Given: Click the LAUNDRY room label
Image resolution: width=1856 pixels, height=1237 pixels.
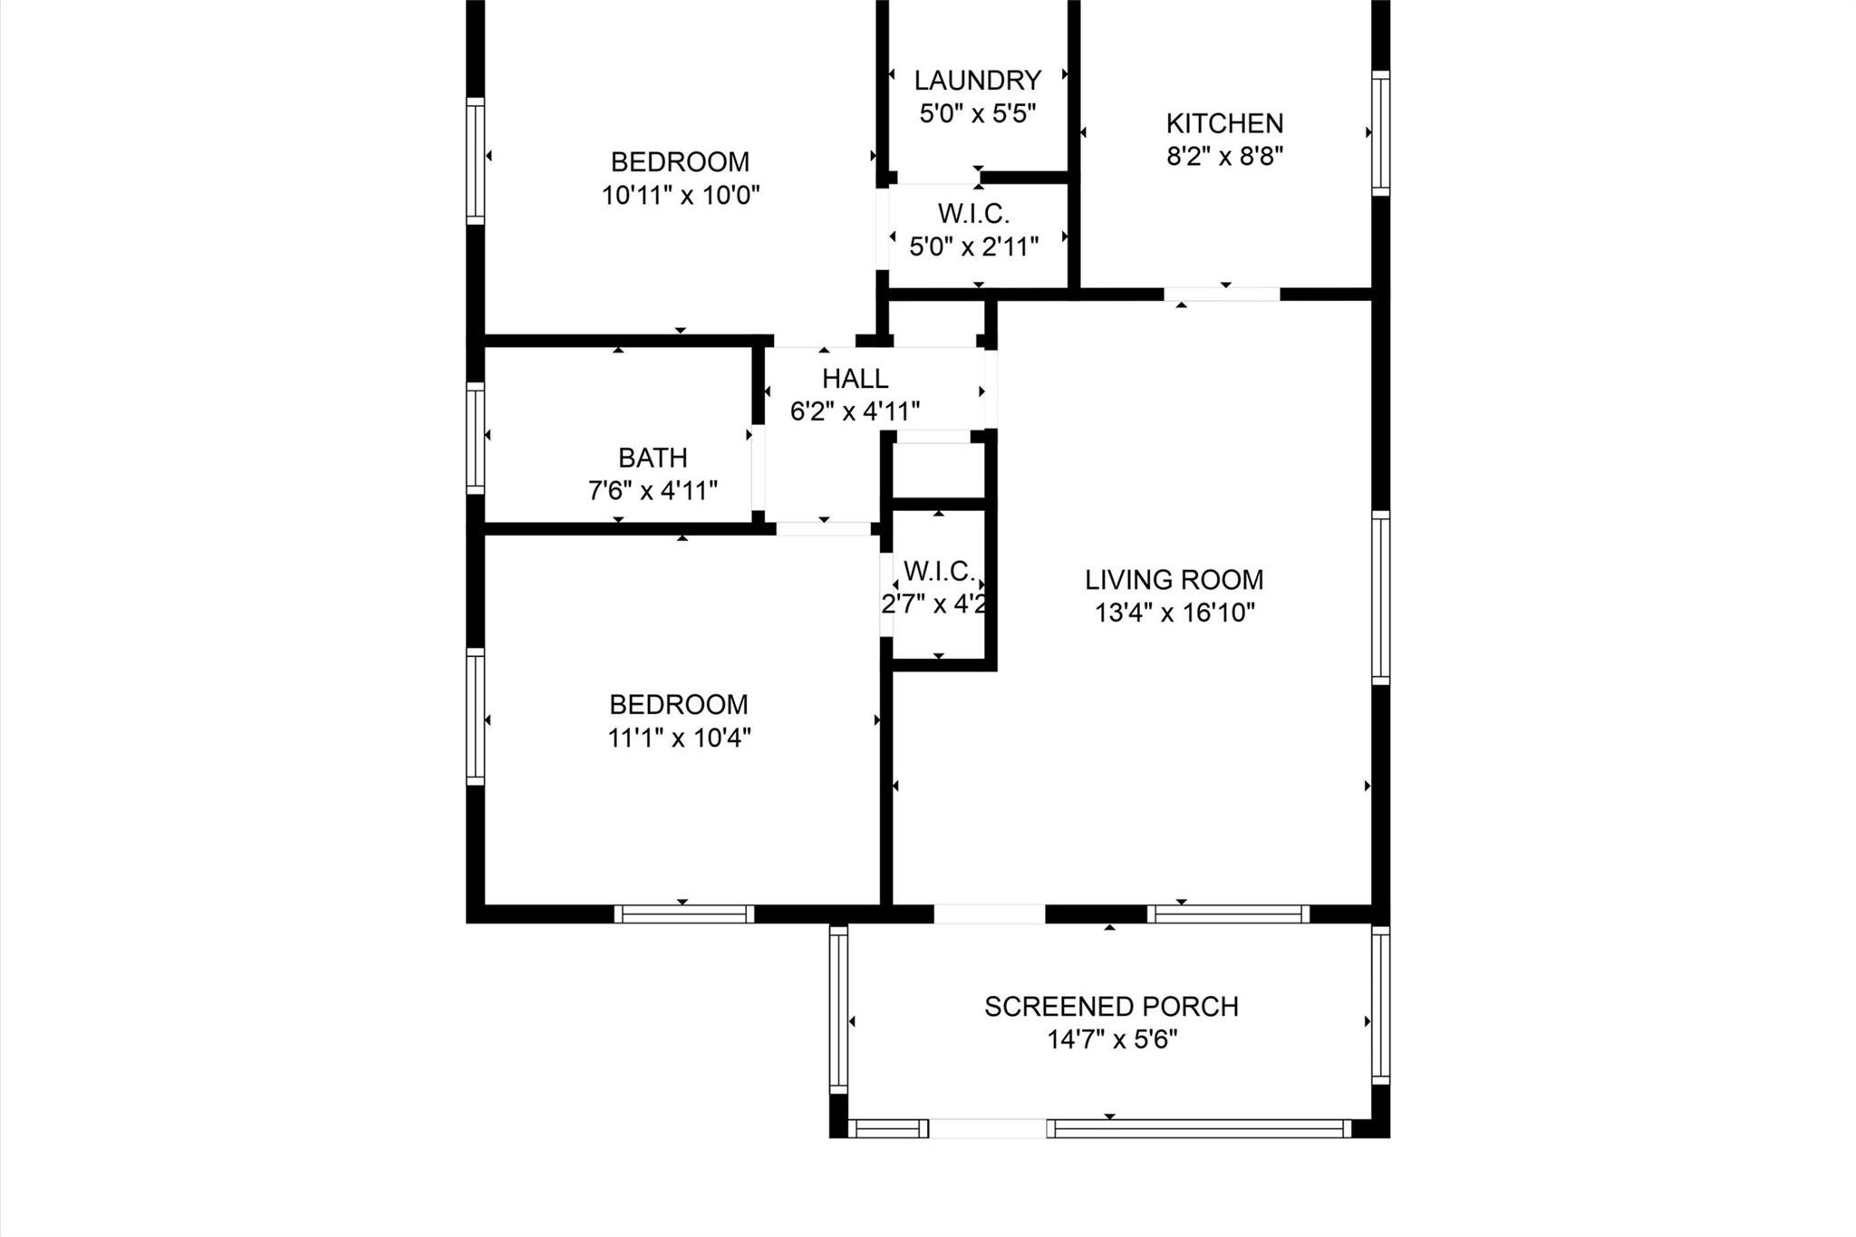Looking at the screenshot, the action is (x=977, y=81).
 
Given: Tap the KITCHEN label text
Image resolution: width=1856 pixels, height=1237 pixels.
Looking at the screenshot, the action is (x=1224, y=123).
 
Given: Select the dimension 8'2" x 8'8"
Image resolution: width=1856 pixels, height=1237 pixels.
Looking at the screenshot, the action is (x=1224, y=157).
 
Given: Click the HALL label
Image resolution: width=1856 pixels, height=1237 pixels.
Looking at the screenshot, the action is (x=855, y=378).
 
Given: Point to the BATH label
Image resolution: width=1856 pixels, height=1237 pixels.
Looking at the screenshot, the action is (x=652, y=458).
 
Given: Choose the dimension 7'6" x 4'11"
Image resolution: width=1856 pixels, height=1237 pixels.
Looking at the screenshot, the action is (x=652, y=491).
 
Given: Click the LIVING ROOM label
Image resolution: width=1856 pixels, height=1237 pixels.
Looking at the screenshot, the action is (x=1174, y=580).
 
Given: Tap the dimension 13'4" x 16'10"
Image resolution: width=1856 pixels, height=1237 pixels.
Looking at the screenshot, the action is (x=1174, y=614).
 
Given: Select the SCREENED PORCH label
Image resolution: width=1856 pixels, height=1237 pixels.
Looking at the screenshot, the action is (x=1111, y=1007).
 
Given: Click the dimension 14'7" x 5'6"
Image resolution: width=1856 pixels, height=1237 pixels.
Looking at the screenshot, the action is (x=1111, y=1039).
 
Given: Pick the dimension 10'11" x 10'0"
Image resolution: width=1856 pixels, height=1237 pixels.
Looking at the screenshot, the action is (x=680, y=196).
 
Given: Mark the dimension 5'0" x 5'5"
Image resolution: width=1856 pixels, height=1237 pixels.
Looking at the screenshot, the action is (x=977, y=114).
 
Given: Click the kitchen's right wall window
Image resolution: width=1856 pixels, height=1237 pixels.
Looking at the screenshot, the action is (x=1380, y=133).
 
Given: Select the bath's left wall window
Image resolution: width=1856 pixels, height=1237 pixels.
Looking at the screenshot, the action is (x=475, y=439).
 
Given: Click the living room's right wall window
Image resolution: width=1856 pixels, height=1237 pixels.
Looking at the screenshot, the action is (x=1380, y=598).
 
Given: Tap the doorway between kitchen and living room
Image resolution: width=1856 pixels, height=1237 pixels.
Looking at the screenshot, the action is (x=1222, y=294).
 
